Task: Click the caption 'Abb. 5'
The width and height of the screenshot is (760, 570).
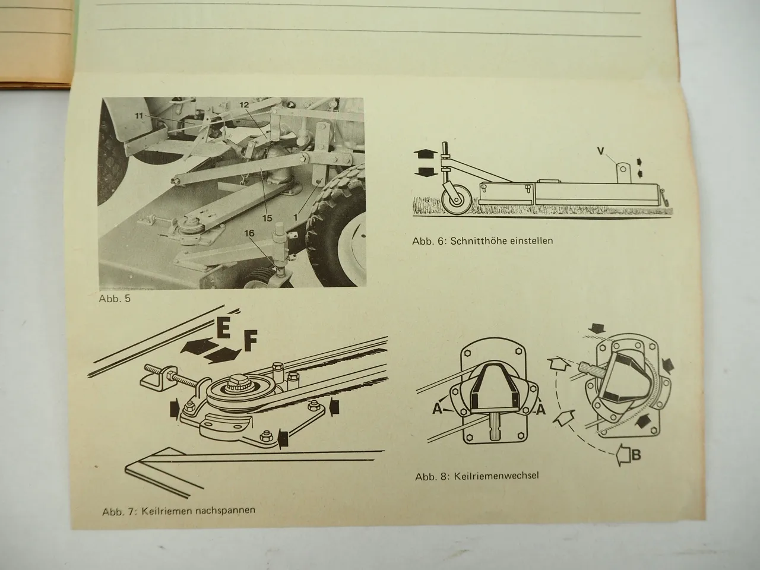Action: (x=115, y=299)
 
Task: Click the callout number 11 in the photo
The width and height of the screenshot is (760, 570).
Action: (x=139, y=116)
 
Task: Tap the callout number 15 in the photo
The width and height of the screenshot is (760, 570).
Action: (x=267, y=218)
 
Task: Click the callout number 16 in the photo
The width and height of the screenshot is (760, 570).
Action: (x=249, y=233)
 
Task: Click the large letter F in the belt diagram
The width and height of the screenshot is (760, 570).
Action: (x=250, y=340)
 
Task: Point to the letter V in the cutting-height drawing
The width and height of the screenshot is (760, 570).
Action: (x=601, y=151)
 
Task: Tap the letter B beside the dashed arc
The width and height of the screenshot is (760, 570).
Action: (x=636, y=455)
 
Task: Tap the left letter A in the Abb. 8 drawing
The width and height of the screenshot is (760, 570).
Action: (x=438, y=410)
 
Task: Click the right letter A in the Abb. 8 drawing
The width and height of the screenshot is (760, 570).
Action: (x=540, y=410)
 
